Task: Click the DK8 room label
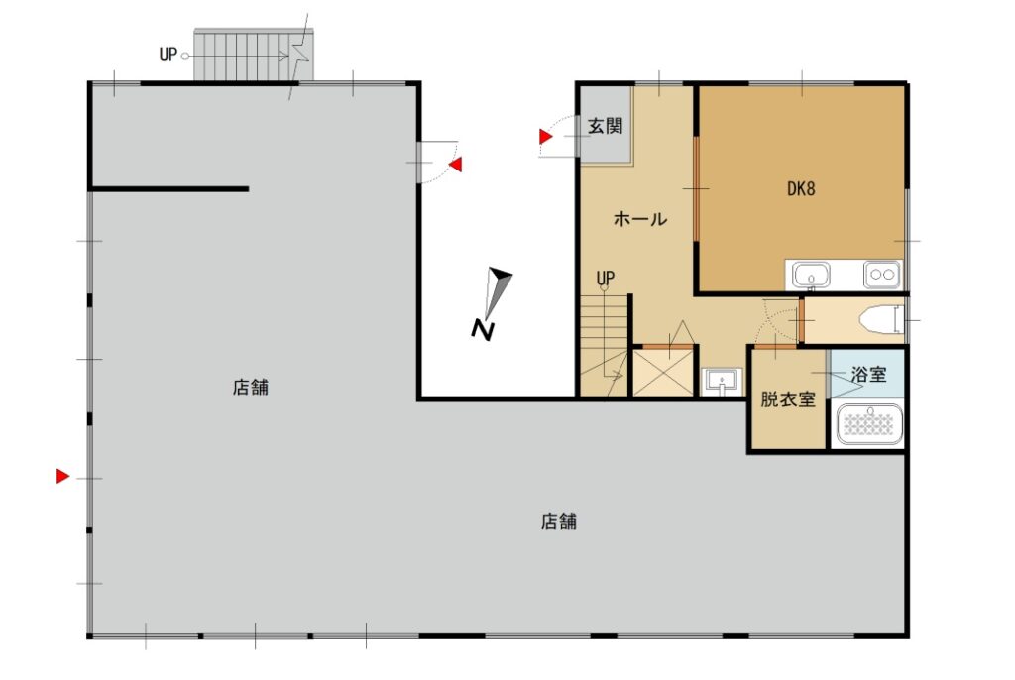pyautogui.click(x=801, y=189)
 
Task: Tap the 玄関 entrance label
pyautogui.click(x=606, y=126)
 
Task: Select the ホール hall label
pyautogui.click(x=639, y=219)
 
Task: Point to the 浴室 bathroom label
pyautogui.click(x=868, y=374)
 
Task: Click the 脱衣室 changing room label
pyautogui.click(x=788, y=398)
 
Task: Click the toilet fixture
pyautogui.click(x=879, y=320)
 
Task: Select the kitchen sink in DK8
pyautogui.click(x=811, y=275)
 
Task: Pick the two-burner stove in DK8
pyautogui.click(x=881, y=275)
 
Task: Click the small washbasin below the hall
pyautogui.click(x=722, y=381)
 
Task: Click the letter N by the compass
pyautogui.click(x=483, y=330)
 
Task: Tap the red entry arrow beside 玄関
pyautogui.click(x=546, y=137)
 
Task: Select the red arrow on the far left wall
pyautogui.click(x=62, y=476)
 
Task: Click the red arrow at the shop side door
pyautogui.click(x=456, y=165)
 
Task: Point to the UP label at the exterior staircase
pyautogui.click(x=168, y=55)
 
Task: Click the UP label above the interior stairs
pyautogui.click(x=606, y=279)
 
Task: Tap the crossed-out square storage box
pyautogui.click(x=662, y=372)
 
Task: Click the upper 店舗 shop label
pyautogui.click(x=251, y=388)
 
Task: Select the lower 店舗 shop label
pyautogui.click(x=559, y=522)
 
